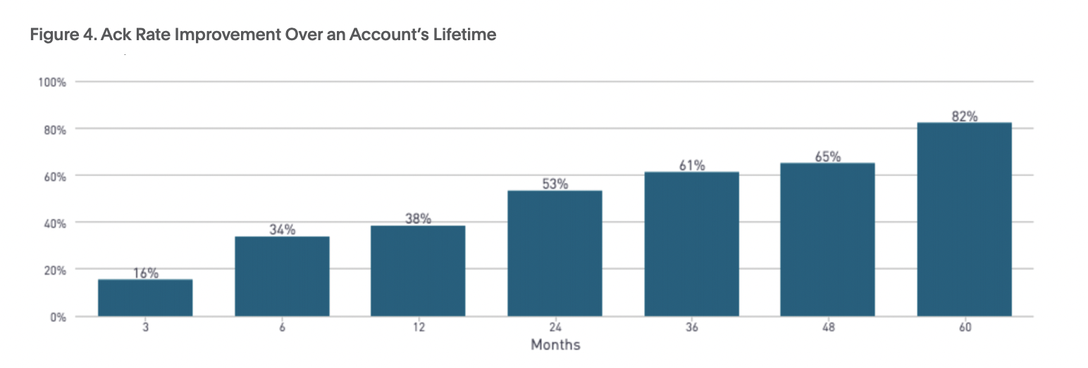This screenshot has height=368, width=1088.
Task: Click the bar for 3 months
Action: [145, 298]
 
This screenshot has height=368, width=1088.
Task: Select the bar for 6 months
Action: [282, 276]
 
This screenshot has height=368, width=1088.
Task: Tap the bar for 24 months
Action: [555, 253]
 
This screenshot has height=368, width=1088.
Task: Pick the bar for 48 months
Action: [828, 240]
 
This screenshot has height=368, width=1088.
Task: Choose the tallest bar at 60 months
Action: [964, 219]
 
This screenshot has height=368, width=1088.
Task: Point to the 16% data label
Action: [145, 273]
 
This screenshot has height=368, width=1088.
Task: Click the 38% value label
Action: [418, 219]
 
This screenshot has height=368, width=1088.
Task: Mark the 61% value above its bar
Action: [691, 166]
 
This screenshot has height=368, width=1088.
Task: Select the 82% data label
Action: [964, 116]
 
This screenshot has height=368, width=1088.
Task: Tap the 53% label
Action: [555, 184]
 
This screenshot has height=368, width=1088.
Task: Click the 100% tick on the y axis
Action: [52, 82]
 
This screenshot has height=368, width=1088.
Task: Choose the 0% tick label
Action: [57, 317]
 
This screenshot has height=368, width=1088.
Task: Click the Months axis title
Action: [555, 345]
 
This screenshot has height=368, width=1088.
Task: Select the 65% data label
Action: [828, 157]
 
